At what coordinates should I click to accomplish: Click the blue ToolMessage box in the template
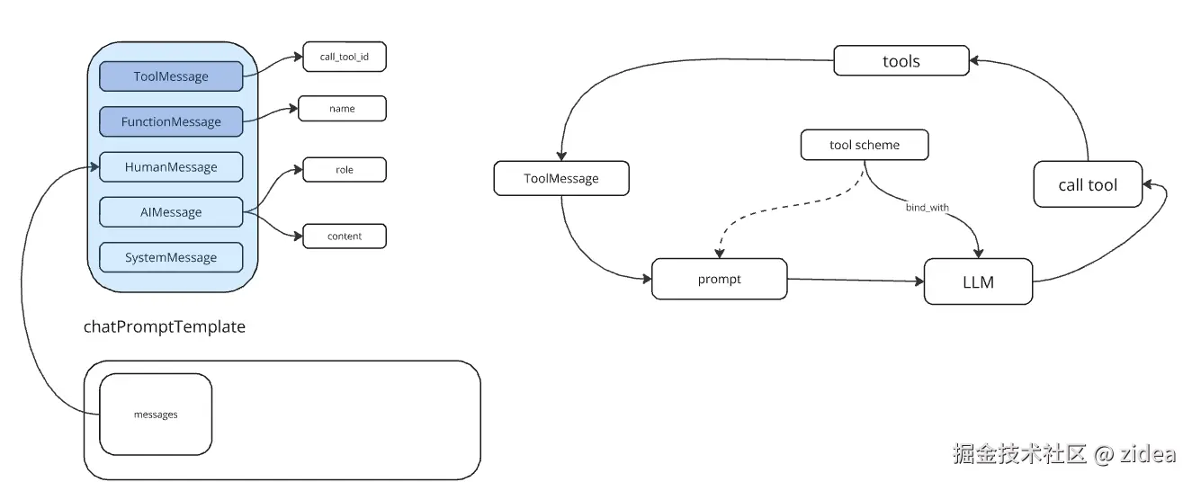pyautogui.click(x=171, y=76)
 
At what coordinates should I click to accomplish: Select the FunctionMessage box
pyautogui.click(x=171, y=121)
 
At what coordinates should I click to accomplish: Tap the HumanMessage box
pyautogui.click(x=171, y=166)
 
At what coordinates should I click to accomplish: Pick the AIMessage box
pyautogui.click(x=171, y=211)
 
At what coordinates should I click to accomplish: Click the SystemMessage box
pyautogui.click(x=171, y=257)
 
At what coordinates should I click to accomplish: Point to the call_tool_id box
pyautogui.click(x=345, y=57)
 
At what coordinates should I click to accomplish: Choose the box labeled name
pyautogui.click(x=342, y=109)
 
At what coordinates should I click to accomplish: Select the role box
pyautogui.click(x=345, y=170)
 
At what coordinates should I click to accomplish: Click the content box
pyautogui.click(x=345, y=236)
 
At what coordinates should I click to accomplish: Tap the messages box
pyautogui.click(x=156, y=414)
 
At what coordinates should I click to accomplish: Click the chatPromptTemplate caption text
pyautogui.click(x=165, y=326)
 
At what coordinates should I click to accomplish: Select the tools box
pyautogui.click(x=901, y=60)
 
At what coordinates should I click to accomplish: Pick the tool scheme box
pyautogui.click(x=865, y=145)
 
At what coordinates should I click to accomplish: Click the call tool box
pyautogui.click(x=1088, y=184)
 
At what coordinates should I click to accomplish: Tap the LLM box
pyautogui.click(x=978, y=281)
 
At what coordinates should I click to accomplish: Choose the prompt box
pyautogui.click(x=719, y=279)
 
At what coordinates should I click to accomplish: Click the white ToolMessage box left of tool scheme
pyautogui.click(x=560, y=178)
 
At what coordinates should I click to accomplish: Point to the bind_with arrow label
pyautogui.click(x=927, y=207)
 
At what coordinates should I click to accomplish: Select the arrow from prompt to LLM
pyautogui.click(x=856, y=280)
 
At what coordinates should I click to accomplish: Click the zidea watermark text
pyautogui.click(x=1147, y=454)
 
